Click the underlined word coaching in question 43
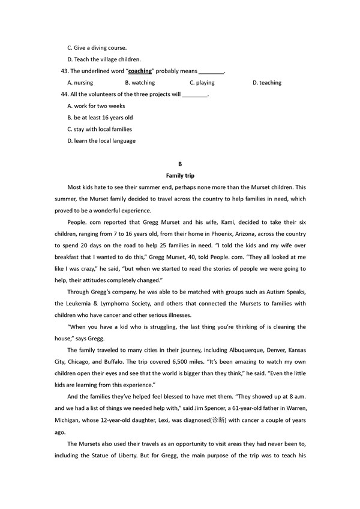click(x=140, y=71)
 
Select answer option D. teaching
click(x=266, y=83)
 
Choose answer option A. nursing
click(x=80, y=83)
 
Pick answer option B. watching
click(x=140, y=83)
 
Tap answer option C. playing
click(x=202, y=83)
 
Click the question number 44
click(x=65, y=94)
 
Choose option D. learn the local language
click(x=101, y=141)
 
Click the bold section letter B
click(x=180, y=164)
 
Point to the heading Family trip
click(x=180, y=176)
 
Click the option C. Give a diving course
click(x=97, y=47)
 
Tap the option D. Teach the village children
click(x=104, y=59)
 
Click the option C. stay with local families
click(x=100, y=129)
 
